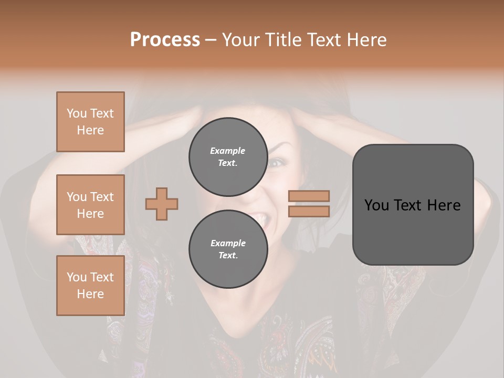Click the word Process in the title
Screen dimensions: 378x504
pyautogui.click(x=165, y=40)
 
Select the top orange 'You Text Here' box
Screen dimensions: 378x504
pyautogui.click(x=90, y=122)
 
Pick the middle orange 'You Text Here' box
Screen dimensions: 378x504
pyautogui.click(x=90, y=205)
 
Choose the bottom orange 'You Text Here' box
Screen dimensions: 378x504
pyautogui.click(x=90, y=286)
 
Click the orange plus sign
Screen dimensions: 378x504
pyautogui.click(x=162, y=204)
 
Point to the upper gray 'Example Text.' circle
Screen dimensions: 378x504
pyautogui.click(x=228, y=156)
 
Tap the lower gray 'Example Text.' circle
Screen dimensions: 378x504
pyautogui.click(x=228, y=249)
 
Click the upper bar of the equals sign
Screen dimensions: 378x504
pyautogui.click(x=309, y=196)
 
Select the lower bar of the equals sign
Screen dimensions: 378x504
pyautogui.click(x=309, y=211)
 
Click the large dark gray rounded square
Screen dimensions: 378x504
pyautogui.click(x=413, y=205)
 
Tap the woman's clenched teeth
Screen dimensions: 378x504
pyautogui.click(x=259, y=217)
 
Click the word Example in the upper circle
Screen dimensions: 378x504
pyautogui.click(x=228, y=151)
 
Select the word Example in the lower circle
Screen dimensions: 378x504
pyautogui.click(x=228, y=243)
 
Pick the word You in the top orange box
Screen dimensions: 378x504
pyautogui.click(x=76, y=113)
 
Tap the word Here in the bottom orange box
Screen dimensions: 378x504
pyautogui.click(x=90, y=294)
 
